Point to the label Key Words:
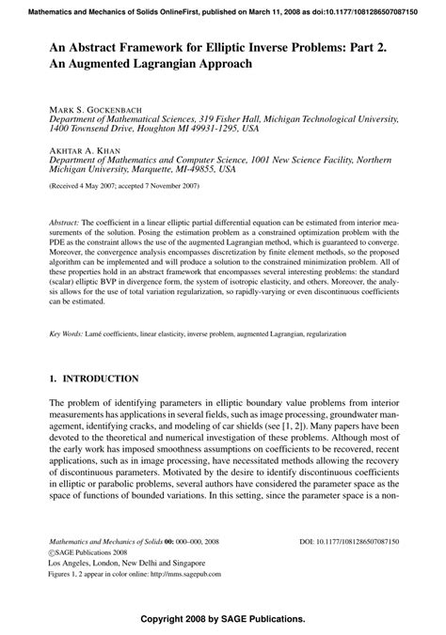coord(67,333)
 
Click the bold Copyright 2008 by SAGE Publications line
coord(222,620)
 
